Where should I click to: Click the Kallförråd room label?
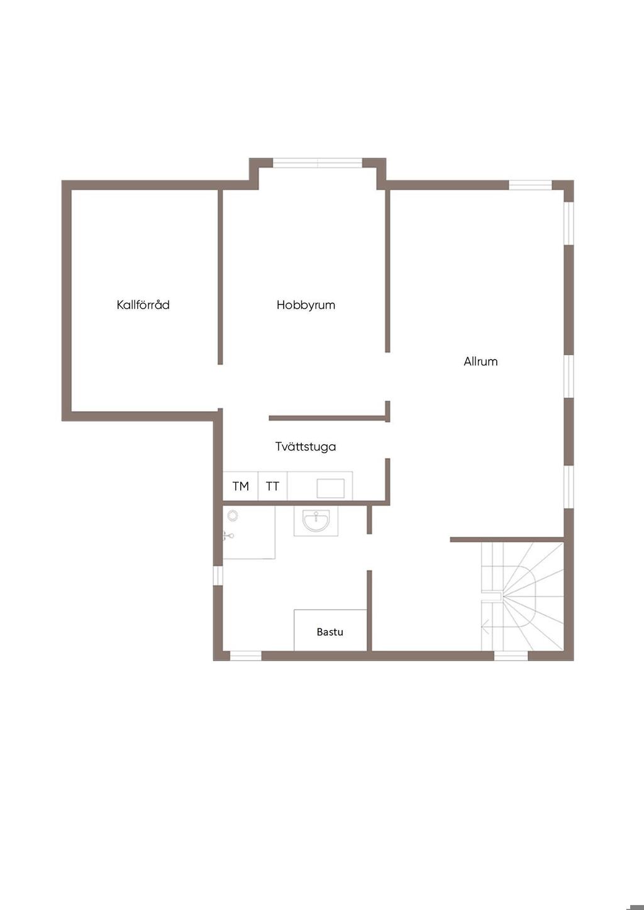(143, 305)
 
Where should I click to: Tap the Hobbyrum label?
(306, 305)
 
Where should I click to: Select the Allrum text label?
(480, 361)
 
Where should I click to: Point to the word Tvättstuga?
(306, 447)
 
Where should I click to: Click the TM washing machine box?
(241, 486)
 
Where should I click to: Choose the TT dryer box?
(272, 486)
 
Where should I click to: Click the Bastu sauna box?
(330, 631)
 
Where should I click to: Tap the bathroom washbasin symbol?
(316, 521)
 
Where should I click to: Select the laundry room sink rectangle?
(330, 488)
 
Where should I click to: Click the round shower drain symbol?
(233, 515)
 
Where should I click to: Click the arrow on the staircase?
(486, 626)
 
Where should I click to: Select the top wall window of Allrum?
(530, 185)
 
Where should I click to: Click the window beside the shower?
(218, 575)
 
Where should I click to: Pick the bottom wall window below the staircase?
(511, 656)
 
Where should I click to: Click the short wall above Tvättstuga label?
(327, 417)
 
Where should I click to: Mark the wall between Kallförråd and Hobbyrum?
(220, 277)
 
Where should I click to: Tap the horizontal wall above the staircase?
(506, 539)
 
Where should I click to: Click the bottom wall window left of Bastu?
(245, 656)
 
